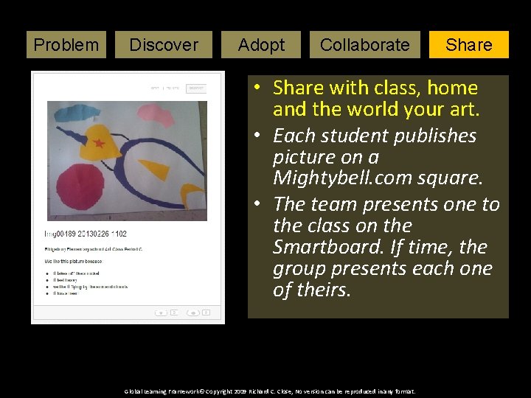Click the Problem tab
[x=66, y=44]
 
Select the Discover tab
[x=163, y=44]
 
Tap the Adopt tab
[x=261, y=44]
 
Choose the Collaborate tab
[x=364, y=44]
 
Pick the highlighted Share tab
[x=468, y=44]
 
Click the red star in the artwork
[x=99, y=143]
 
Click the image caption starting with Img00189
[x=86, y=234]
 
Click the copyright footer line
[x=269, y=391]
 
